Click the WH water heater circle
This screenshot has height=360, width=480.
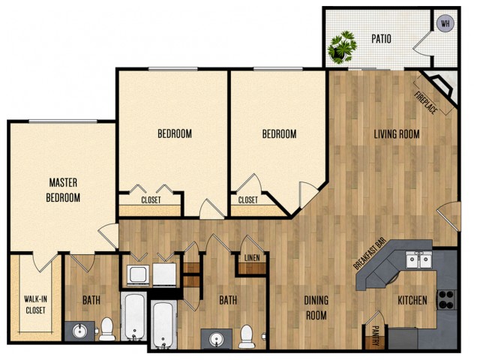[x=445, y=23]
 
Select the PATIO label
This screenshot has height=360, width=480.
[x=381, y=39]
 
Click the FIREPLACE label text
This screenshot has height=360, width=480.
[x=425, y=103]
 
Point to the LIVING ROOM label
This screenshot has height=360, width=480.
[x=397, y=134]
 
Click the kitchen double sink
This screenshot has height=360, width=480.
[x=418, y=260]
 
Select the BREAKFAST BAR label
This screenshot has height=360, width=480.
[x=369, y=253]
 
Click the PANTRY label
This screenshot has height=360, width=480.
[x=375, y=335]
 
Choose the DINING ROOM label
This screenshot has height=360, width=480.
[x=316, y=307]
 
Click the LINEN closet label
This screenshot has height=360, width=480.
[x=252, y=258]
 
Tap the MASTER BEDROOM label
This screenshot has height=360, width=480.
[x=63, y=190]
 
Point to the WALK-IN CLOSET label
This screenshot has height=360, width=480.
[x=35, y=304]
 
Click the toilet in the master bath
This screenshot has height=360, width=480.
[x=106, y=328]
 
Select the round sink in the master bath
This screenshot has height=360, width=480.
[x=79, y=331]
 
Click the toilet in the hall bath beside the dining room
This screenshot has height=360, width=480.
[x=247, y=337]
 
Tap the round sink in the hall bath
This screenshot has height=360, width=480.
[x=217, y=339]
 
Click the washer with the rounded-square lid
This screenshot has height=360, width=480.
[x=137, y=275]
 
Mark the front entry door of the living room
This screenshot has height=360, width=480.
[x=448, y=217]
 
